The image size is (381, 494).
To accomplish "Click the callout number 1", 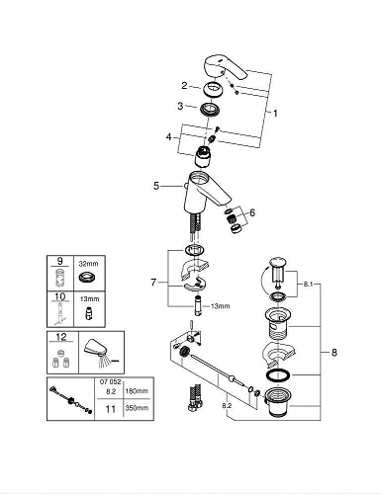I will (275, 113).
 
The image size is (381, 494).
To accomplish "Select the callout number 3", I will (181, 107).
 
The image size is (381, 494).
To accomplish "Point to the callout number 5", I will (155, 184).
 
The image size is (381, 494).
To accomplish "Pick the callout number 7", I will (152, 283).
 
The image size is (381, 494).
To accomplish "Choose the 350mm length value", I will (136, 406).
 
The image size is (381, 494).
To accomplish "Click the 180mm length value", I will (136, 391).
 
